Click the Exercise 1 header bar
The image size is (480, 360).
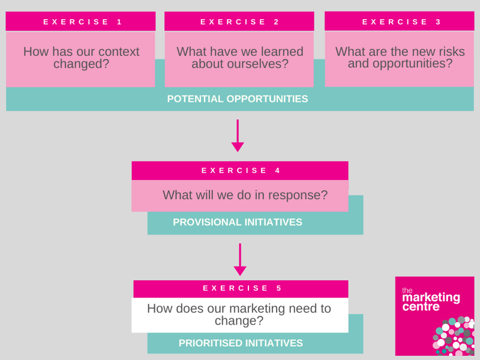coord(80,22)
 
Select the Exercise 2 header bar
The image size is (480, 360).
coord(239,22)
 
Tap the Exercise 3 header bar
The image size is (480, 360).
coord(400,21)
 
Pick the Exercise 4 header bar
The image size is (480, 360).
coord(240,170)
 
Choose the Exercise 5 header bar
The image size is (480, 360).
coord(241,289)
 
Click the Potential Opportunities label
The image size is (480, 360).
coord(238,99)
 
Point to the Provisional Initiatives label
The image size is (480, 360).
coord(238,222)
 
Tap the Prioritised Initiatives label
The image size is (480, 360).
coord(241,343)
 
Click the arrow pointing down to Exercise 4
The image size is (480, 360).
coord(238,136)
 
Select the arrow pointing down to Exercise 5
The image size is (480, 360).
coord(240,260)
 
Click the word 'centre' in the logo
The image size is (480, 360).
coord(421,307)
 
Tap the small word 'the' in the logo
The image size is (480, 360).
coord(407,290)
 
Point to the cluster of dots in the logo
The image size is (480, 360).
coord(453,336)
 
